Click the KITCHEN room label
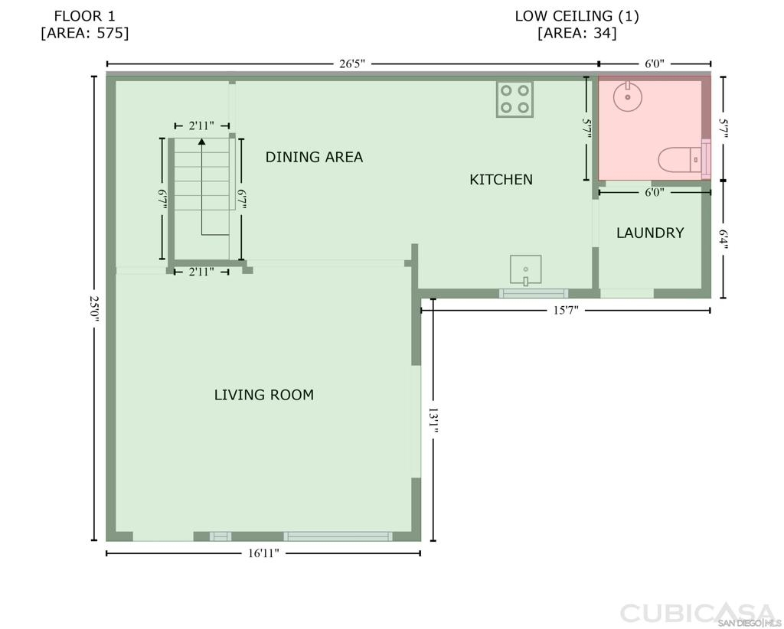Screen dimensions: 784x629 coord(501,179)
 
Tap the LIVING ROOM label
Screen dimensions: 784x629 coord(264,395)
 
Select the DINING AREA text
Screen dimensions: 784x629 coord(314,157)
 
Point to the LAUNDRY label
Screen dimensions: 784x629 coord(650,233)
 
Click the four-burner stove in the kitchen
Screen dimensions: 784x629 coord(515,99)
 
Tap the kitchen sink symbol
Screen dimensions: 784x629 coord(525,270)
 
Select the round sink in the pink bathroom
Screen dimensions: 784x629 coord(628,96)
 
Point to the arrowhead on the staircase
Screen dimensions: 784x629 coord(201,142)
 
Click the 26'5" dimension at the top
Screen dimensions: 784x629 coord(352,64)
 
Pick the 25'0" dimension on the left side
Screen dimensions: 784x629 coord(94,308)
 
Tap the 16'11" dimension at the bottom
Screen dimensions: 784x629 coord(263,553)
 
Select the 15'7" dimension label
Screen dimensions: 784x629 coord(566,310)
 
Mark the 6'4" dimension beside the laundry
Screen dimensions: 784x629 coord(723,240)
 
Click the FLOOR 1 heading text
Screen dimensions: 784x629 coord(84,16)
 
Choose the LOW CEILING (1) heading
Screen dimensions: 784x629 coord(577,16)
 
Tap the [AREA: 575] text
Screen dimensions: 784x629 coord(84,33)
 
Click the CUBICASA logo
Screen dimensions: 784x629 coord(697,612)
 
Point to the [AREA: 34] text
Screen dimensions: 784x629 coord(577,33)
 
